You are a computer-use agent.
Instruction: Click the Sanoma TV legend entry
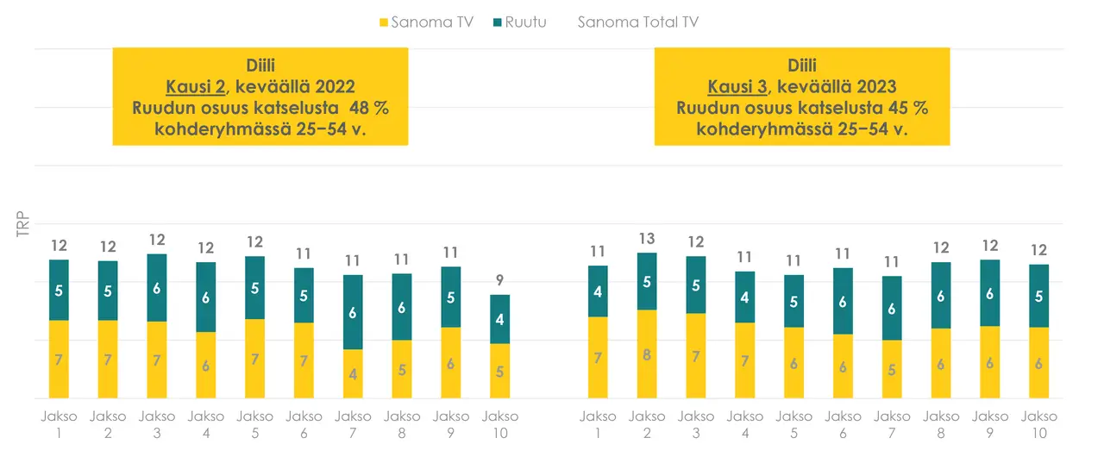[x=426, y=22]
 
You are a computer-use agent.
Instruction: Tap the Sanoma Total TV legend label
[x=637, y=22]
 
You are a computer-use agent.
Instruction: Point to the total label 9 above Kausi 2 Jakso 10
[x=500, y=280]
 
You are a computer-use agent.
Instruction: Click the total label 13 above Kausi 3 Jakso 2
[x=647, y=238]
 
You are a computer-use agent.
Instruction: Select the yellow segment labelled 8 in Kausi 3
[x=647, y=354]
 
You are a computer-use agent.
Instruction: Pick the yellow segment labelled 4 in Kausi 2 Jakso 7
[x=353, y=373]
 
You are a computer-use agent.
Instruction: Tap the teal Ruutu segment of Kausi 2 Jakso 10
[x=500, y=319]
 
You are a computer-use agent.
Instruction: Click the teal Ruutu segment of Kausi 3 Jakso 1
[x=598, y=291]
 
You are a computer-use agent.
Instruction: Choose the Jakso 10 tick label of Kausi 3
[x=1039, y=424]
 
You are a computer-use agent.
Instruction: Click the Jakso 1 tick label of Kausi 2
[x=59, y=424]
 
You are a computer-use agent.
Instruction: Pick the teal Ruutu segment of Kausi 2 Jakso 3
[x=157, y=288]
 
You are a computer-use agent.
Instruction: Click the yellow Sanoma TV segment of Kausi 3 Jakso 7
[x=892, y=369]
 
